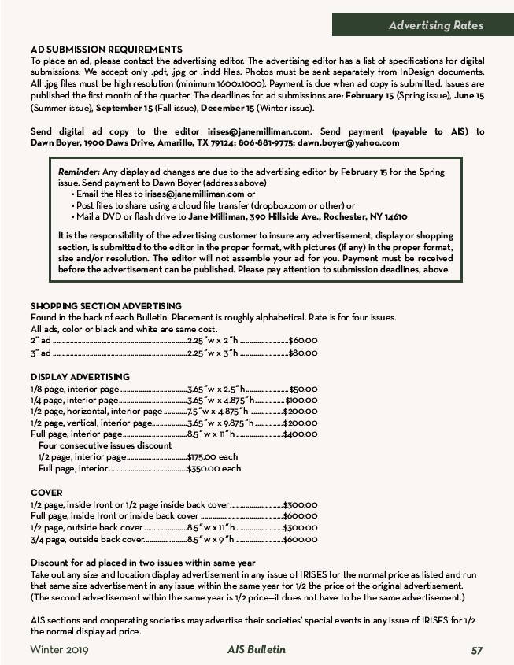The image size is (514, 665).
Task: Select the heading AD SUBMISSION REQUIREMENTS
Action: pos(106,50)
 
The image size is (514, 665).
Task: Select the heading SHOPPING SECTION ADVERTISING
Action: pos(106,306)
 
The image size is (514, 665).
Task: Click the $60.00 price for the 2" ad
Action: pos(303,340)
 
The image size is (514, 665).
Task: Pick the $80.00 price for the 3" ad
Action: pos(303,353)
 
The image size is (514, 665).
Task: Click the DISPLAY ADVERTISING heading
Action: pos(80,377)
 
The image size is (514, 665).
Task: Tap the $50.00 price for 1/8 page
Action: pos(303,389)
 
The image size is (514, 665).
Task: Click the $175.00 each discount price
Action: pos(213,456)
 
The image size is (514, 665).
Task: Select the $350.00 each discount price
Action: pos(214,468)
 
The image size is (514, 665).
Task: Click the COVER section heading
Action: pos(46,493)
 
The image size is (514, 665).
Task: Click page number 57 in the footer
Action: pos(477,650)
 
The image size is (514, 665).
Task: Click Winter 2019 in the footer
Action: pos(59,650)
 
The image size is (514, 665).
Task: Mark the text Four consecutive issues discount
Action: pos(105,445)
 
